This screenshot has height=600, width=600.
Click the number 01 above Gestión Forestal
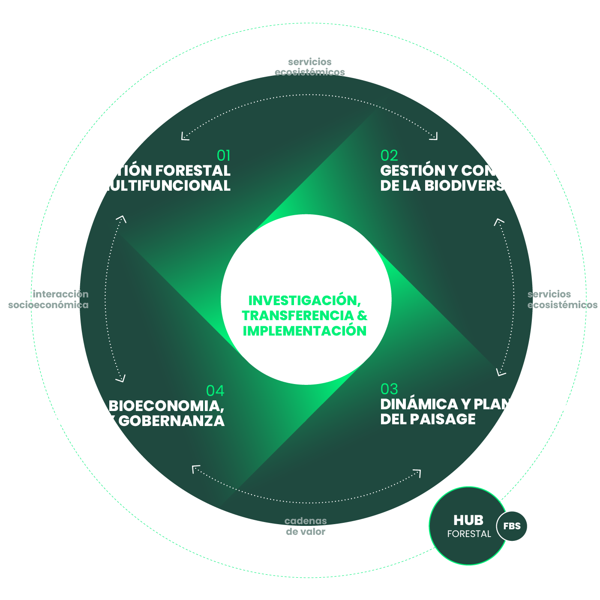[x=224, y=155]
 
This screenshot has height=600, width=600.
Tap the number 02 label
[x=389, y=155]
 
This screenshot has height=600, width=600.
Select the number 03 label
[x=389, y=389]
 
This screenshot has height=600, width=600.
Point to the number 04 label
[x=215, y=390]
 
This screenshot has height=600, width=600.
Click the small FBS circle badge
[x=512, y=526]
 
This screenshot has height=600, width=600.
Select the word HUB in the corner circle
[x=468, y=520]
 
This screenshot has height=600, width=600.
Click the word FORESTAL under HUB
[x=469, y=534]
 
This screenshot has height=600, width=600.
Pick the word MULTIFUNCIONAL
[x=163, y=186]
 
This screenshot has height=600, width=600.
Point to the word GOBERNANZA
[x=171, y=421]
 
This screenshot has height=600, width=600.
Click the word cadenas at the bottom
[x=306, y=521]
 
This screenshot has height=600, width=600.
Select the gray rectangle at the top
[x=310, y=66]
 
